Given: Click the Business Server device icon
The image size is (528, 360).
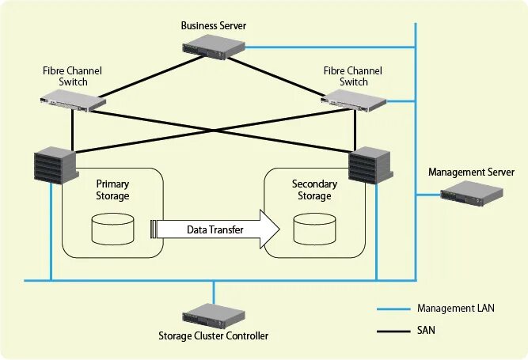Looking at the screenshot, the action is (214, 47).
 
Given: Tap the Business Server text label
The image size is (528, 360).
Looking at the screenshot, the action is (214, 25).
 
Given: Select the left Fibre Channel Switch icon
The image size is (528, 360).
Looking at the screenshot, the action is (73, 100).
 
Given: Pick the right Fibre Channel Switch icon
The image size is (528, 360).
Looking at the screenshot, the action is (354, 100).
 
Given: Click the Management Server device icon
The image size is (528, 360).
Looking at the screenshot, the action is (472, 193).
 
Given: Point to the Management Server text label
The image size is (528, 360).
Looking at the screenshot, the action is (471, 172).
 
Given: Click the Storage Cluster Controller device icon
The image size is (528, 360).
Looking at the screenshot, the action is (214, 316).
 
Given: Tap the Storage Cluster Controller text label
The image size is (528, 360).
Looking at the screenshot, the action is (214, 335).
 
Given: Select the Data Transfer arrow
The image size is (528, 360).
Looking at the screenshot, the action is (215, 229).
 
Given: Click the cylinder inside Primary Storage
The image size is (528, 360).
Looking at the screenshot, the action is (113, 229).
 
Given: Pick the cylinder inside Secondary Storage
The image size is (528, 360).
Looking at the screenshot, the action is (314, 229).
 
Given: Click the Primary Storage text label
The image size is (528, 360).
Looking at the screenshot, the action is (112, 190).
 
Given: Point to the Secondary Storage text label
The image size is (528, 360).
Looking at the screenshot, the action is (314, 190).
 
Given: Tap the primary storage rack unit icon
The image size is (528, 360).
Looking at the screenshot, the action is (56, 165).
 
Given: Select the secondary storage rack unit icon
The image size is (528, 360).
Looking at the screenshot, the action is (370, 165).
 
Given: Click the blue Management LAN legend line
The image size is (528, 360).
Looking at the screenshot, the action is (393, 309).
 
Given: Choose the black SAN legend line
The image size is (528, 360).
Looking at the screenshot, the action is (393, 332).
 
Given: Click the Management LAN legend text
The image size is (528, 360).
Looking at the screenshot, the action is (456, 309).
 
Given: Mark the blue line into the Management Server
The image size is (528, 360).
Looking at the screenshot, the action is (428, 194).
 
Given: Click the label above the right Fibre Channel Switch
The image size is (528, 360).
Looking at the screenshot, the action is (353, 77).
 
